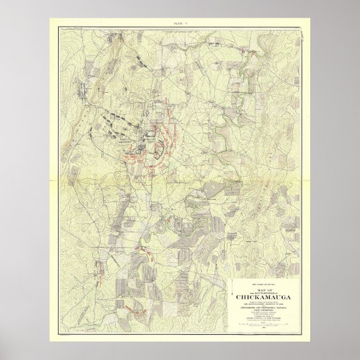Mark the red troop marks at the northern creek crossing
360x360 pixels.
[244, 53]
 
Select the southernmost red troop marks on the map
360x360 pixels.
[130, 307]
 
